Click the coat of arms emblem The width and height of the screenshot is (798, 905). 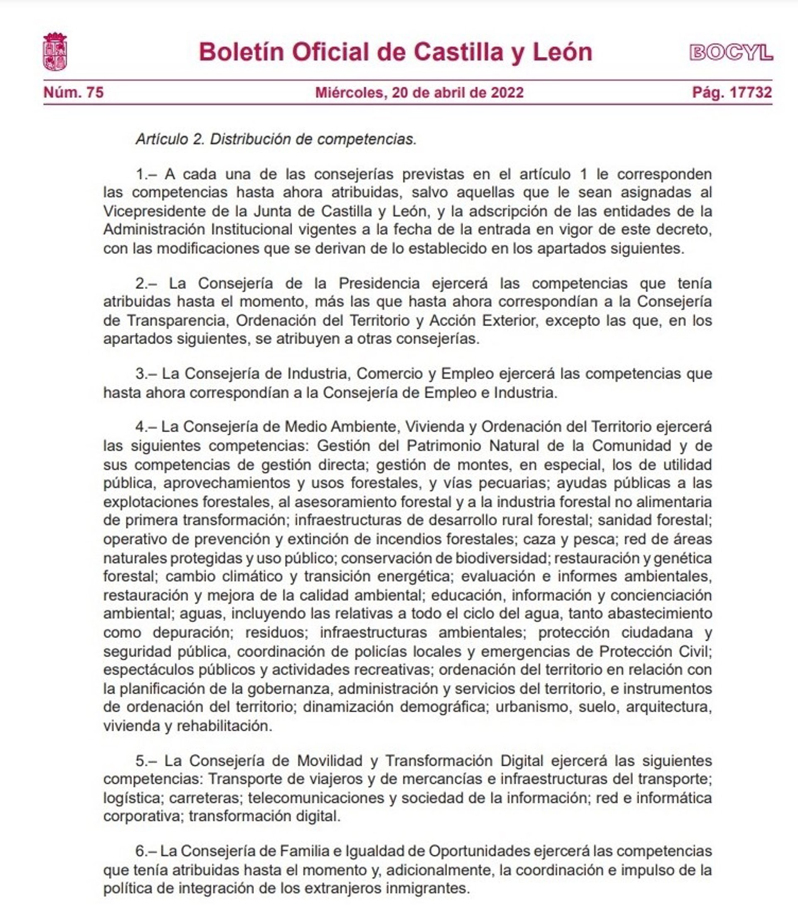tap(55, 52)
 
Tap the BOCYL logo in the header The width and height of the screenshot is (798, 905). tap(731, 53)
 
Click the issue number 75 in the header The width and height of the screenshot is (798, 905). tap(95, 92)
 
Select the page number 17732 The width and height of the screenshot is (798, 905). tap(750, 92)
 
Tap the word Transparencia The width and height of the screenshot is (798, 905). tap(177, 320)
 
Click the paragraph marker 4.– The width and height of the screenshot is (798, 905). tap(146, 427)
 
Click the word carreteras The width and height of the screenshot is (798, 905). tap(204, 798)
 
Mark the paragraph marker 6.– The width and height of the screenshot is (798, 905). tap(146, 851)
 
